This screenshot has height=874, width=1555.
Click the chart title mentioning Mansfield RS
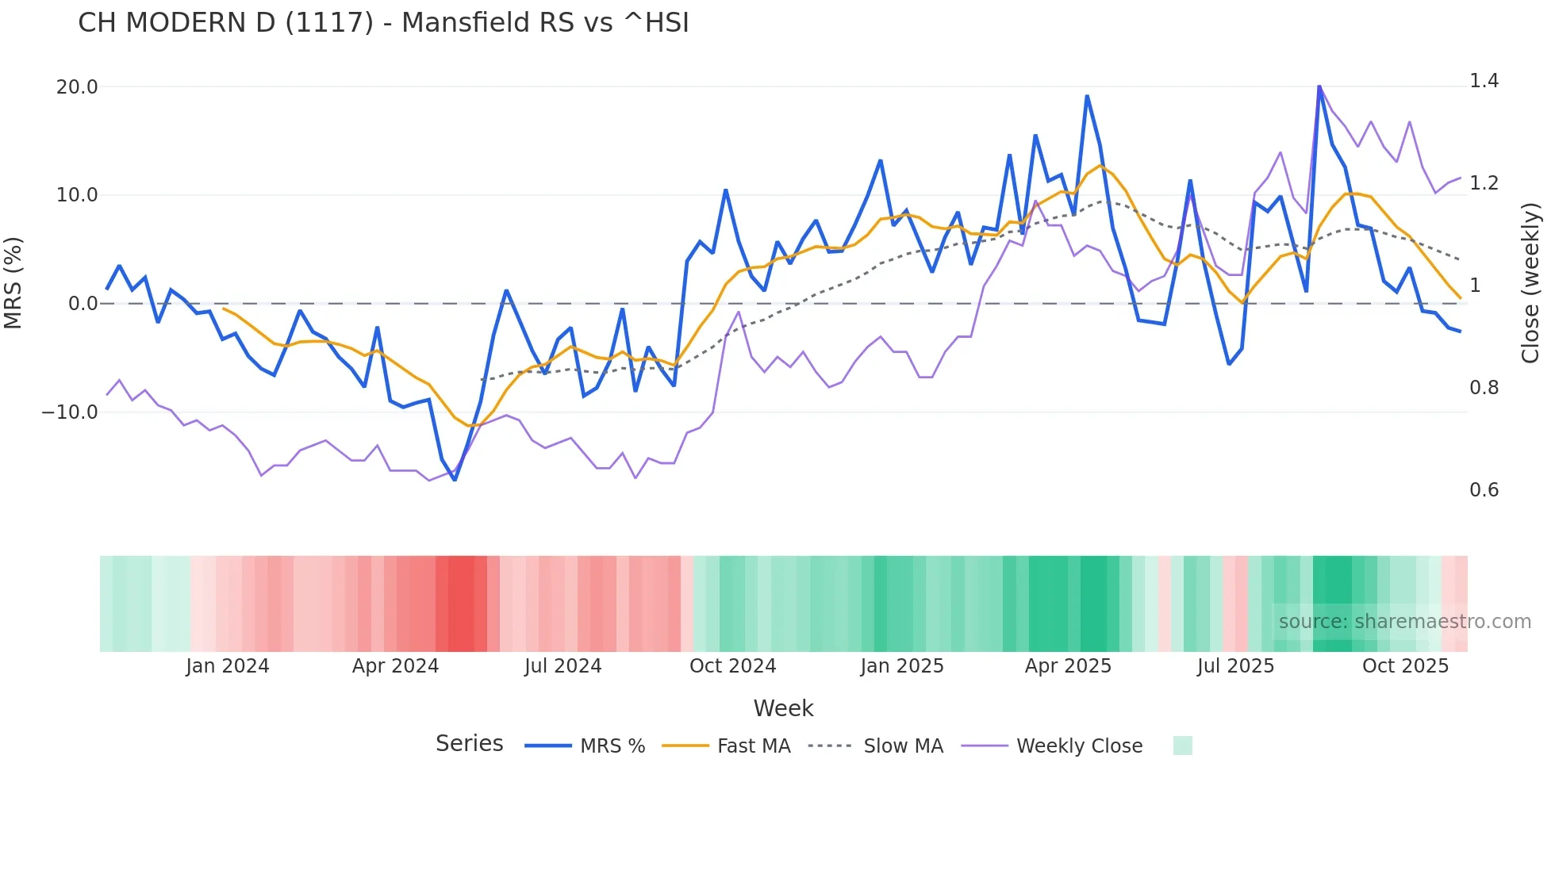(383, 23)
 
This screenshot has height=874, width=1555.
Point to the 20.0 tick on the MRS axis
(77, 87)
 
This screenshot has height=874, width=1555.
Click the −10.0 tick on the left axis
(70, 412)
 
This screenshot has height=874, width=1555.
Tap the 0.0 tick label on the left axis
(83, 304)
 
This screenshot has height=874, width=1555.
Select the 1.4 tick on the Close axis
(1484, 81)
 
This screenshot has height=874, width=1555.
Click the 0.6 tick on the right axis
(1484, 490)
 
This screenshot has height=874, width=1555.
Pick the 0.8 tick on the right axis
(1484, 388)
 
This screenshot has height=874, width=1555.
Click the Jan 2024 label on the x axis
(228, 666)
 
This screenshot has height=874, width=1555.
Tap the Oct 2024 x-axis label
(732, 666)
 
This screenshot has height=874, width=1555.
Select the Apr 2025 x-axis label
(1068, 666)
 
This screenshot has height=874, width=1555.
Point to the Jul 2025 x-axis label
(1235, 666)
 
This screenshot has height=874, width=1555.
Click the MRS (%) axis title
(13, 283)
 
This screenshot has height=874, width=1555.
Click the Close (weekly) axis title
(1530, 283)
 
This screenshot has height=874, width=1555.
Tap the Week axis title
(783, 708)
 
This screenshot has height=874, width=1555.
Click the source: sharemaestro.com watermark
(1404, 622)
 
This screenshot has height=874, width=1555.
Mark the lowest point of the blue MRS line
(455, 480)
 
